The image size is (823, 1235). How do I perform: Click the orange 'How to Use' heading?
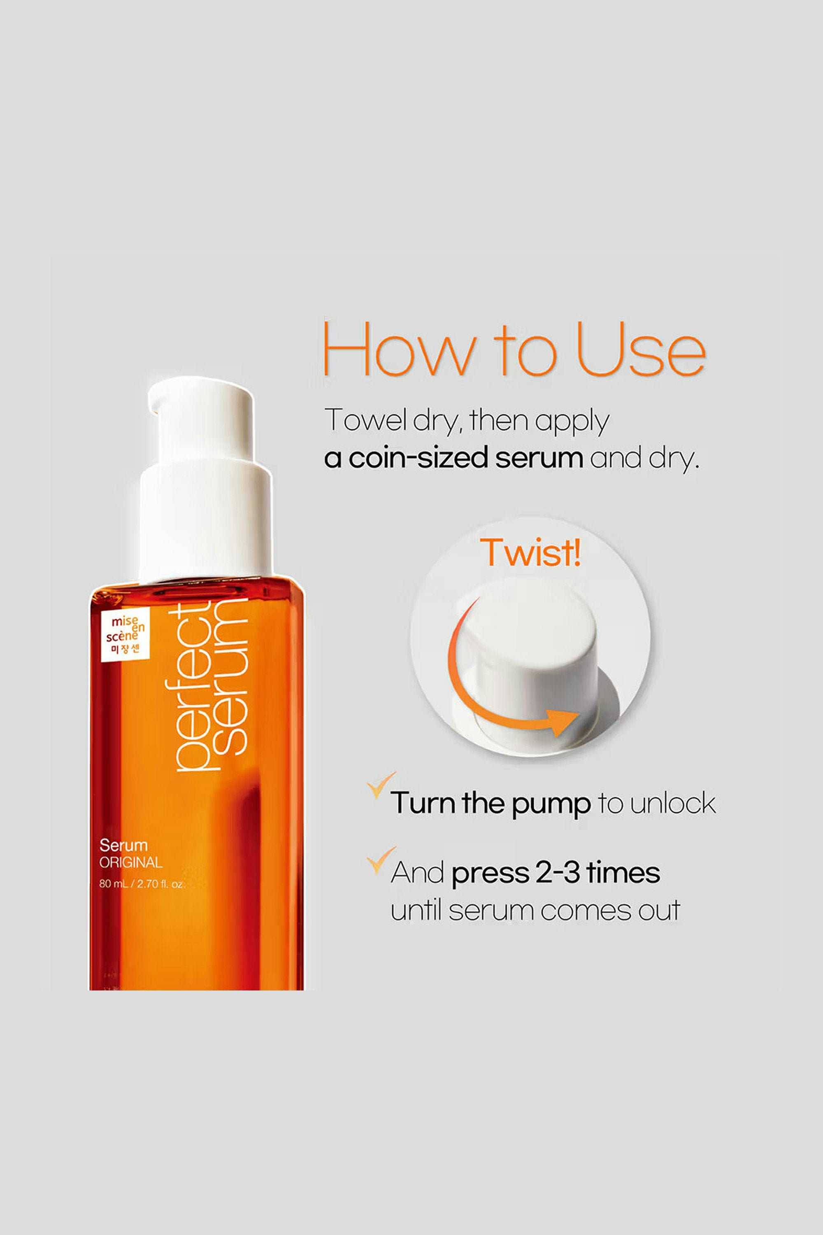click(514, 349)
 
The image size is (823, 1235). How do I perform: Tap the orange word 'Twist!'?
click(531, 552)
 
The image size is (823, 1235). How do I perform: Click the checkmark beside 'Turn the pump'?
click(381, 785)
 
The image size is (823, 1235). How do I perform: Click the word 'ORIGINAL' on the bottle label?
click(131, 862)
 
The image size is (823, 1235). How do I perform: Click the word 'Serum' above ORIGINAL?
click(123, 846)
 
